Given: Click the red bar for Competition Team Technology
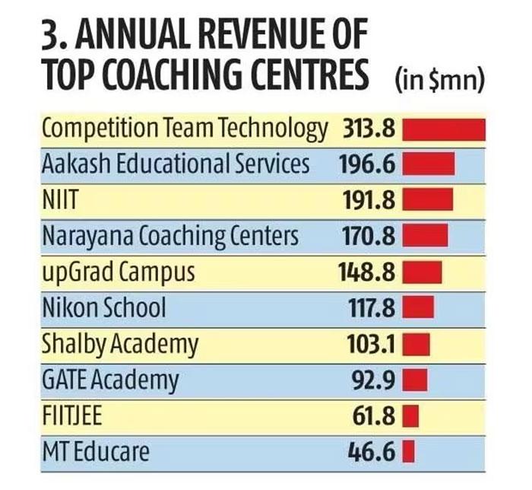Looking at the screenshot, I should pyautogui.click(x=443, y=128).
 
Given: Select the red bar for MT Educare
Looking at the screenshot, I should pyautogui.click(x=407, y=452).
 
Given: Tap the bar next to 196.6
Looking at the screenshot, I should pyautogui.click(x=428, y=164).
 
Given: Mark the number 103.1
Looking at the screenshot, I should pyautogui.click(x=368, y=344).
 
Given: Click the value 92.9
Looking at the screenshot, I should pyautogui.click(x=373, y=380).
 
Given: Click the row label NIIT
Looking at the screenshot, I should pyautogui.click(x=62, y=200).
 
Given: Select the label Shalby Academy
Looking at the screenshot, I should pyautogui.click(x=120, y=344).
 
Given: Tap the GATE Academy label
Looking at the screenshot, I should pyautogui.click(x=111, y=380).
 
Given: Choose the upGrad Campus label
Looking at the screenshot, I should pyautogui.click(x=119, y=272).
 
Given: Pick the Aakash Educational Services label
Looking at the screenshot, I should pyautogui.click(x=176, y=164).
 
